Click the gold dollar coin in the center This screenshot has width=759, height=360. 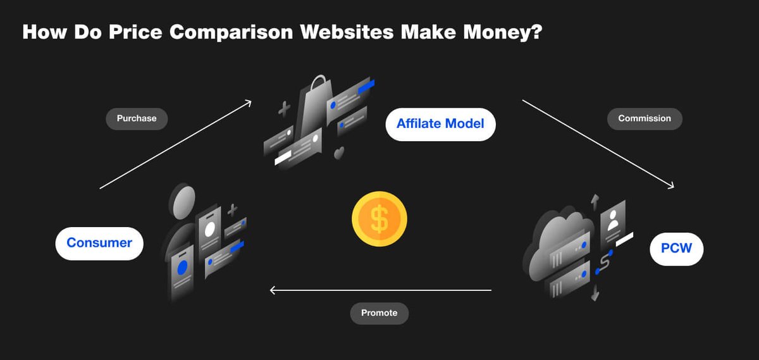pos(379,220)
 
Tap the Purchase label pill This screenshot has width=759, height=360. pos(137,118)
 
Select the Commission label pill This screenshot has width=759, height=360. pos(645,118)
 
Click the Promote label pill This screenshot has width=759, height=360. pos(379,313)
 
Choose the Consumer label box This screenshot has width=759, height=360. pos(99,243)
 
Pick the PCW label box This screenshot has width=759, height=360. pos(676,249)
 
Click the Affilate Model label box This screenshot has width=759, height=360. pos(440,123)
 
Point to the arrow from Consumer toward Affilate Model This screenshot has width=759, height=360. pos(176,144)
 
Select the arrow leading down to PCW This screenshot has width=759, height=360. pos(598,143)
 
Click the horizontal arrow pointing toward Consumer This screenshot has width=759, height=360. pos(379,290)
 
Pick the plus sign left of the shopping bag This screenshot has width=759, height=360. pos(285,109)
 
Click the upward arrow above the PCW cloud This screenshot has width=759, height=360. pos(594,201)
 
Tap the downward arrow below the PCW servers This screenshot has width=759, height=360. pos(595,294)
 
